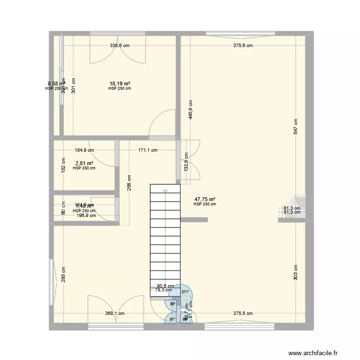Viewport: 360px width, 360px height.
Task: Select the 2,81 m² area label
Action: click(84, 163)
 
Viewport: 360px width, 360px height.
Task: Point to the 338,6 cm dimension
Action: click(120, 46)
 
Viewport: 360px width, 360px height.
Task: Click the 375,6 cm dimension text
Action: click(243, 46)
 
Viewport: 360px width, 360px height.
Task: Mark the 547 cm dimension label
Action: click(296, 126)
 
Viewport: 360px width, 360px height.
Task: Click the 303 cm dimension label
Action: click(296, 272)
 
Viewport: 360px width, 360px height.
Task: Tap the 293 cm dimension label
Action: click(63, 275)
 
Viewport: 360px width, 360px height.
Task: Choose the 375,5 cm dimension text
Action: click(243, 313)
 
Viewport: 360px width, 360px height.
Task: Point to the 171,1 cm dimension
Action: click(148, 150)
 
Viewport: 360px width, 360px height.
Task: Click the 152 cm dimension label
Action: click(63, 165)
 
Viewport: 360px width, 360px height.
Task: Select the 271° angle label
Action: click(185, 291)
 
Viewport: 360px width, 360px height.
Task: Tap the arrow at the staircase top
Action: click(165, 191)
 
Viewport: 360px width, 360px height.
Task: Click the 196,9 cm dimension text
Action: click(86, 216)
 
